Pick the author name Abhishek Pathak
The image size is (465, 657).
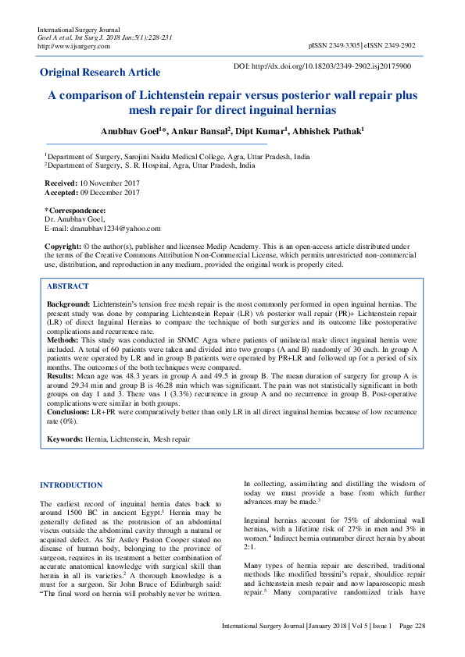pyautogui.click(x=328, y=132)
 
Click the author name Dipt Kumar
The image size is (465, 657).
pyautogui.click(x=262, y=132)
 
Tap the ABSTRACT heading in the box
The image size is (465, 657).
pyautogui.click(x=68, y=286)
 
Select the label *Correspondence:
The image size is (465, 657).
pyautogui.click(x=75, y=211)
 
